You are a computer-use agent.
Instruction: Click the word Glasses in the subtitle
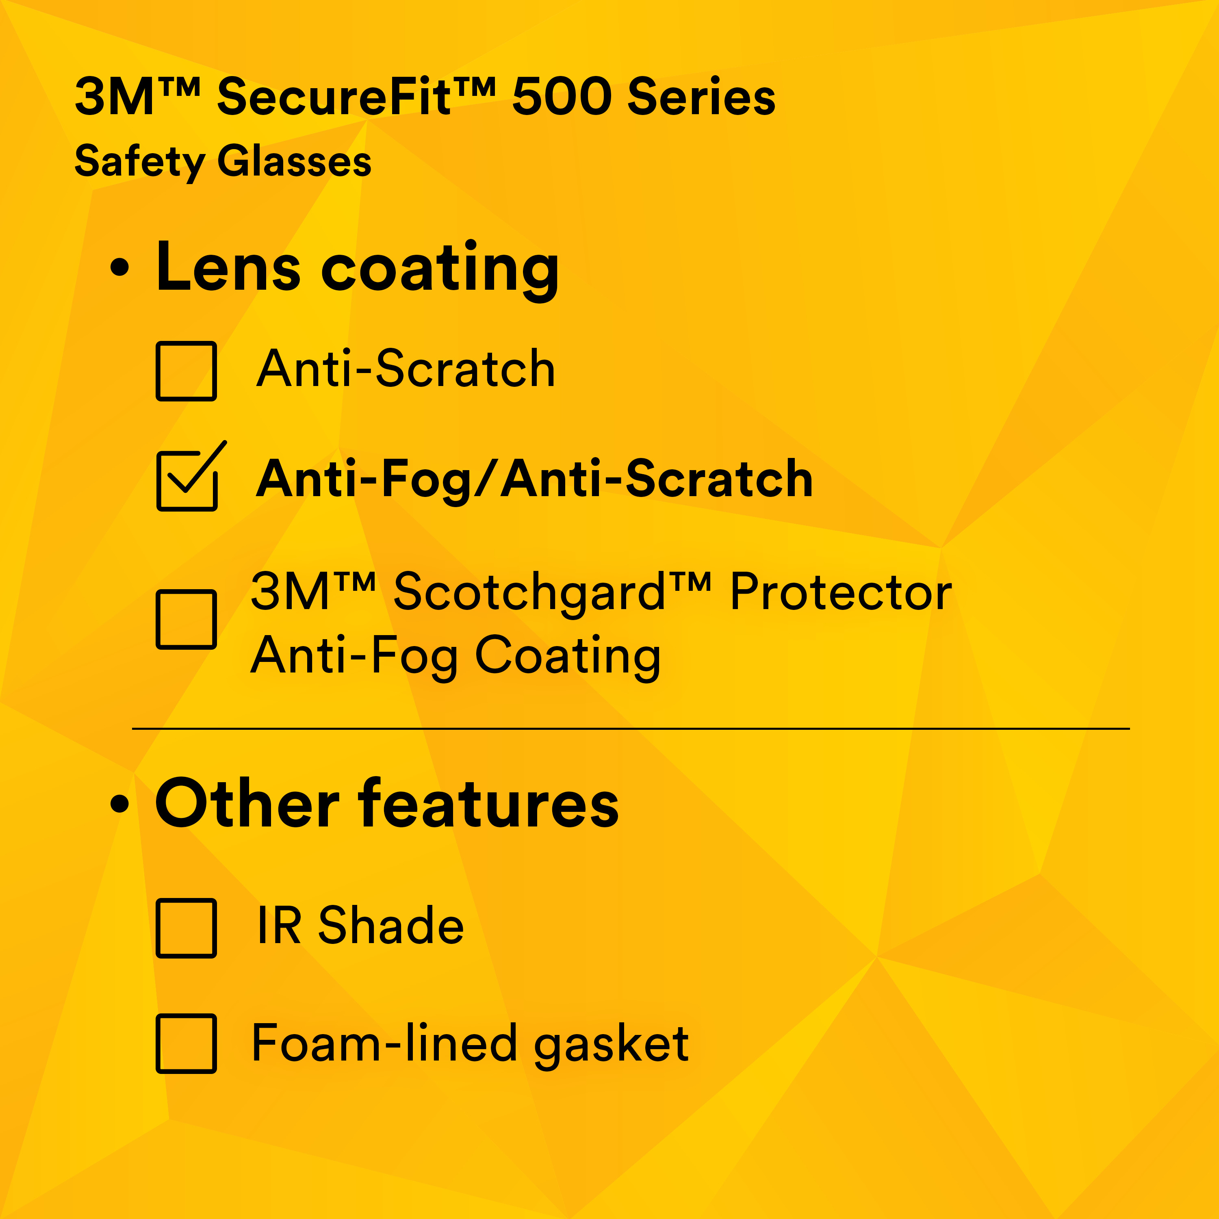294,162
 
